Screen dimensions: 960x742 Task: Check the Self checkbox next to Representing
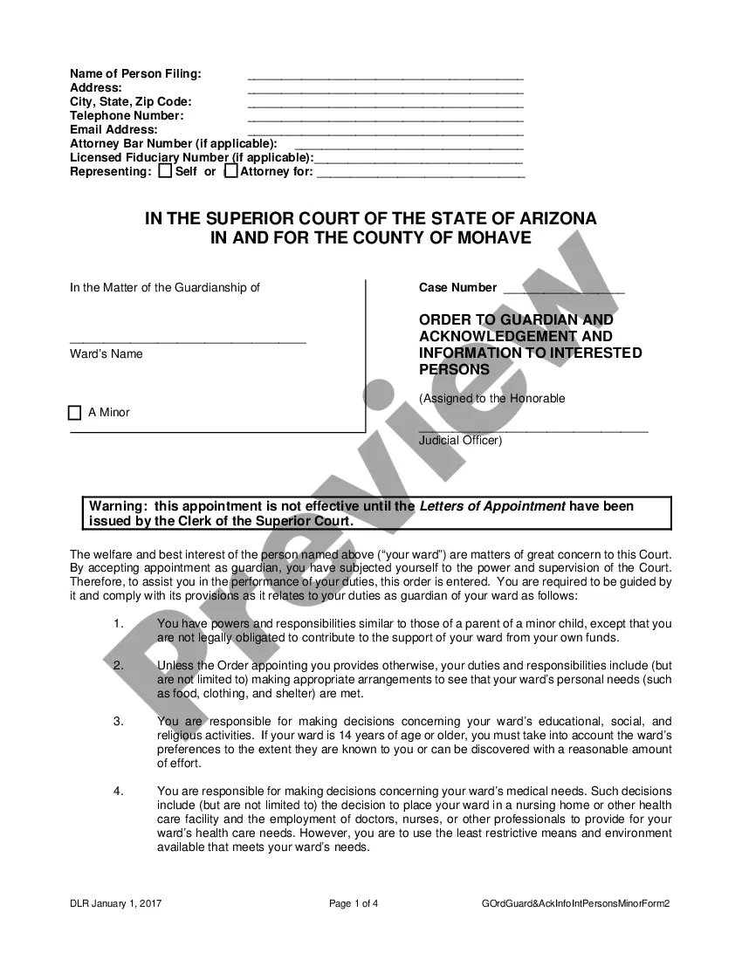(x=165, y=172)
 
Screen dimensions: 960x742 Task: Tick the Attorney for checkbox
(x=230, y=172)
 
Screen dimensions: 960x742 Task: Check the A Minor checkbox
(x=74, y=413)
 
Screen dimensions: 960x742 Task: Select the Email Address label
(x=113, y=129)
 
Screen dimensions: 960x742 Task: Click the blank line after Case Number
(x=563, y=290)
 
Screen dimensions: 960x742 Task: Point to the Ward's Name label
(x=106, y=354)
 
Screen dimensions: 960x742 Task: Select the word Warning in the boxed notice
(x=118, y=506)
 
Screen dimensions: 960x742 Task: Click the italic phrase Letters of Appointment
(x=492, y=506)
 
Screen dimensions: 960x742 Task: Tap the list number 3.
(x=118, y=722)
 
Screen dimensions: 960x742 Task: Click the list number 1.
(x=118, y=624)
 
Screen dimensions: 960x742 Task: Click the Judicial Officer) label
(x=460, y=441)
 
